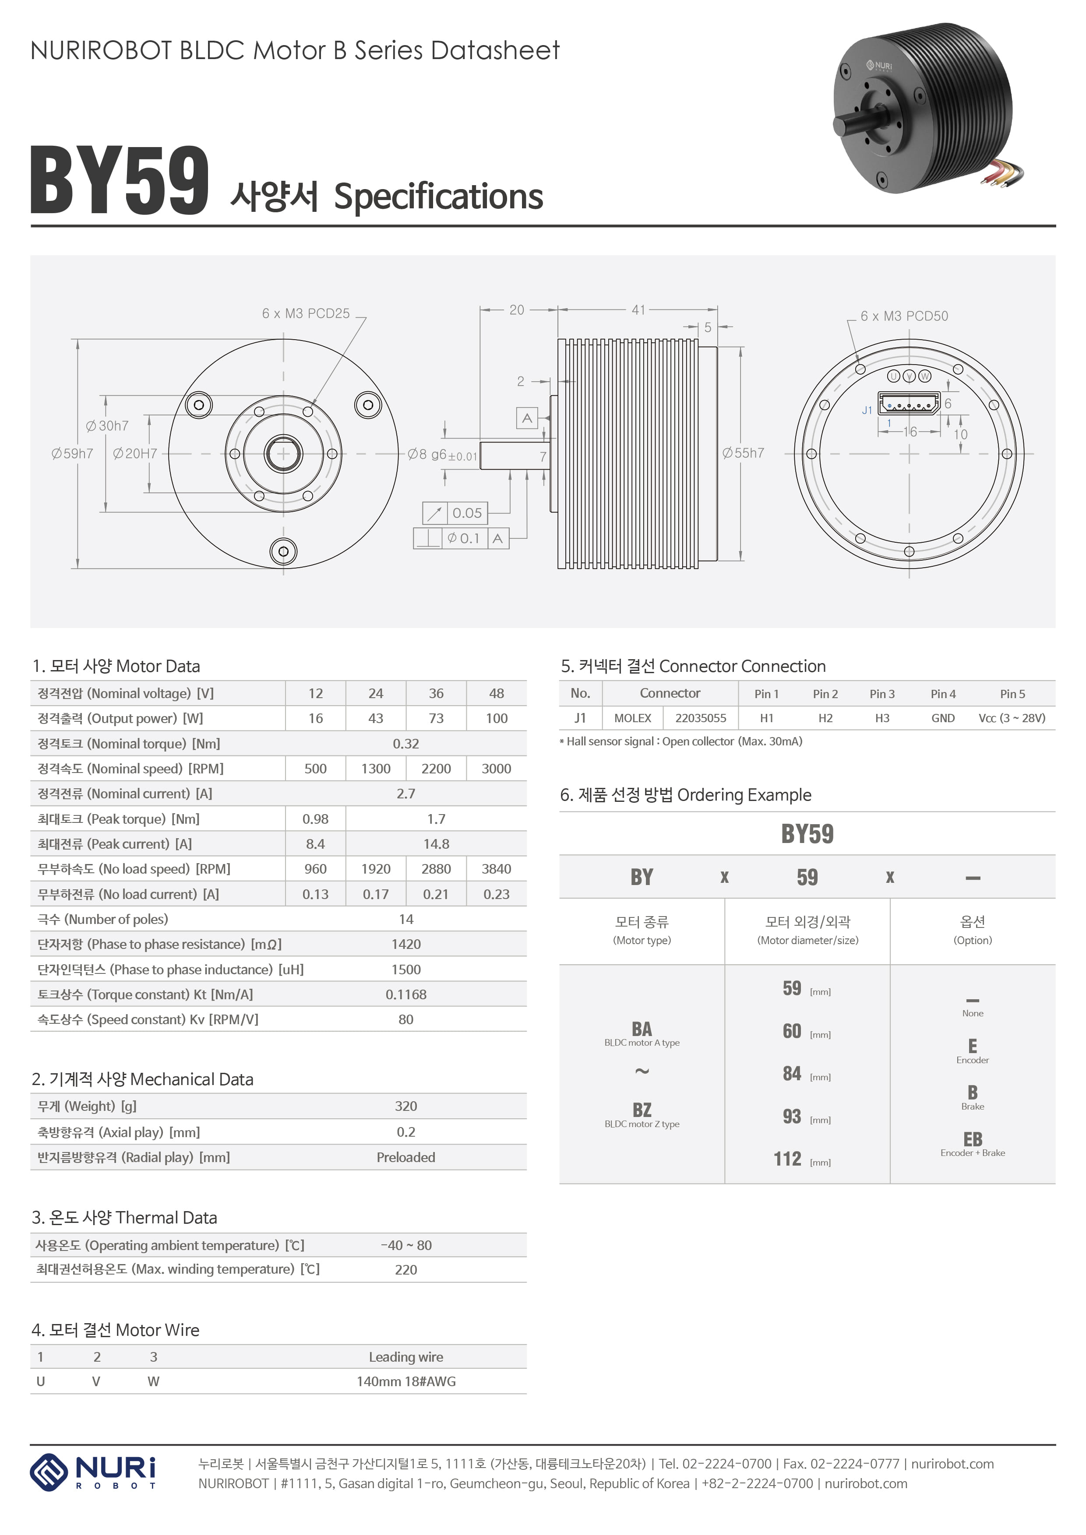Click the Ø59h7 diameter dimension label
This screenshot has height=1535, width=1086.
(x=72, y=453)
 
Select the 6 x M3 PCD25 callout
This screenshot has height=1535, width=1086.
(x=306, y=313)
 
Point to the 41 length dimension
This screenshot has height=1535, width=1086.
(x=638, y=309)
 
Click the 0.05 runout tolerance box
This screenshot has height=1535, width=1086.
(x=466, y=513)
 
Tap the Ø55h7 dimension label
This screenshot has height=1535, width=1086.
(x=743, y=453)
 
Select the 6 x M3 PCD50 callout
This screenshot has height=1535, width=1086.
(x=904, y=316)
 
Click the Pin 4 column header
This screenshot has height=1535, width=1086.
(x=943, y=694)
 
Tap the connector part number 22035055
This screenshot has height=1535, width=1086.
(x=700, y=718)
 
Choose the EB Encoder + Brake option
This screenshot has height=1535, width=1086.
(x=972, y=1142)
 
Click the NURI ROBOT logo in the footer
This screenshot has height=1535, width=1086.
(x=94, y=1472)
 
